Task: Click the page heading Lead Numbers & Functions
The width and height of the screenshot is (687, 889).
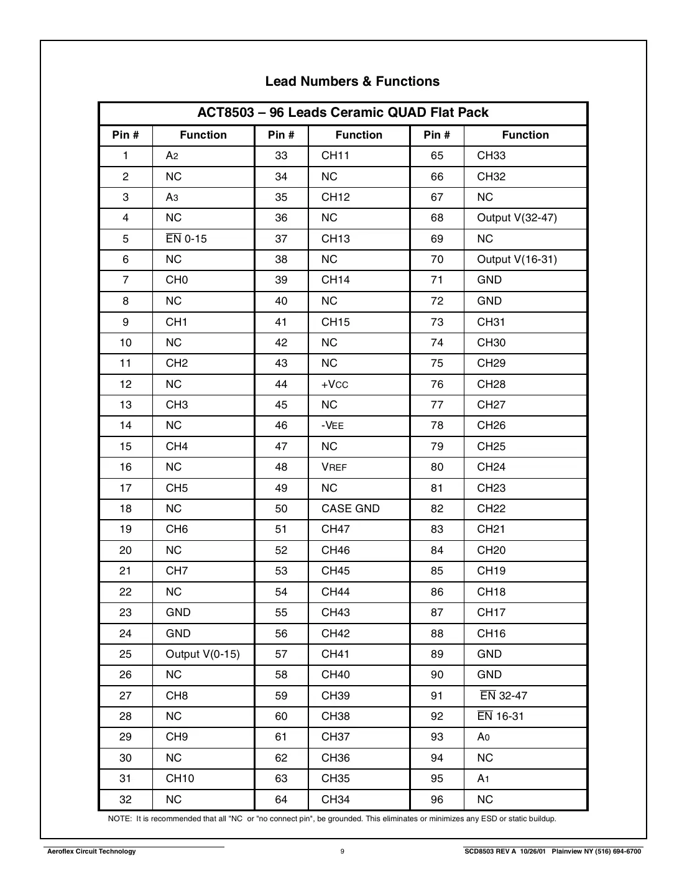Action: [x=352, y=81]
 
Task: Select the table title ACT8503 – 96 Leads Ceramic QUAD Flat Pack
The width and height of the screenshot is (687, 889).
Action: [x=343, y=113]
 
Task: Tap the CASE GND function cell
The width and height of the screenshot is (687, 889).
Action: [x=350, y=509]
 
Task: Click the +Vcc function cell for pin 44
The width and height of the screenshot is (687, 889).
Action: [x=334, y=384]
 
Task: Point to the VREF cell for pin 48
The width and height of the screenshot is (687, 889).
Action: [x=334, y=467]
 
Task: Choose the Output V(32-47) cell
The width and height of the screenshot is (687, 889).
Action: [x=517, y=218]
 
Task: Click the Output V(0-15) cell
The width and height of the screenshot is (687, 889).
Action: [x=202, y=654]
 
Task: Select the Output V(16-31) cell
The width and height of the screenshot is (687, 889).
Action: [x=517, y=259]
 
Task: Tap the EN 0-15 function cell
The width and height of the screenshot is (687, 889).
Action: [x=186, y=239]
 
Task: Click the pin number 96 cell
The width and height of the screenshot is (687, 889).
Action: [x=437, y=799]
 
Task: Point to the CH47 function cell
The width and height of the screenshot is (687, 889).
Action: [x=335, y=529]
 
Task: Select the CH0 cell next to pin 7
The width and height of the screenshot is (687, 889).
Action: [x=177, y=280]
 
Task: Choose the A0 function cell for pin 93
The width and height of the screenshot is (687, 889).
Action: [x=483, y=737]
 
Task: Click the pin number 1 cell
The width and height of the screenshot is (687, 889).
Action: [x=126, y=155]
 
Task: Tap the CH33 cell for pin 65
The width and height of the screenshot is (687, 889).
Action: [x=491, y=155]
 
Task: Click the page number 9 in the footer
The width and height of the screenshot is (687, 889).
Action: [x=342, y=851]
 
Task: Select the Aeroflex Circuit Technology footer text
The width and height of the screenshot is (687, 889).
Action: [x=91, y=851]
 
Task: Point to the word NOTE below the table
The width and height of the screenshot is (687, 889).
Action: [x=119, y=819]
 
